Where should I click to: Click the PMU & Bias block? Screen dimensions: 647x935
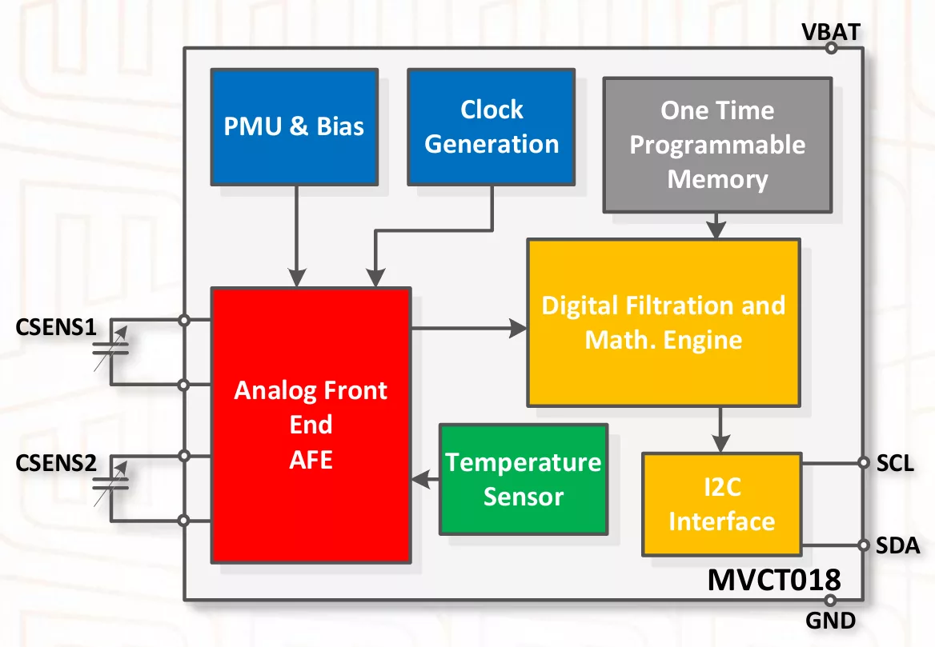click(x=294, y=126)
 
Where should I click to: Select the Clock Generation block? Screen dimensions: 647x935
click(x=491, y=126)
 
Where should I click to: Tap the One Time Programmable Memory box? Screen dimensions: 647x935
click(x=717, y=145)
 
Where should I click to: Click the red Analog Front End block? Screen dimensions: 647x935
click(x=311, y=424)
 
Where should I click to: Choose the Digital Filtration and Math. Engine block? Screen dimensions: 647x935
click(x=663, y=322)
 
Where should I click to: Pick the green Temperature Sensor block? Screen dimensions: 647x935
click(x=524, y=479)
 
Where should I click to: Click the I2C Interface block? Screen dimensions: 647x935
click(x=721, y=505)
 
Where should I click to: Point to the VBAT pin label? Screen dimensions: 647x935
click(x=832, y=32)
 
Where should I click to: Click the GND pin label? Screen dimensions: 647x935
click(x=832, y=621)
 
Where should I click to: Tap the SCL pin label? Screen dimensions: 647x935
click(x=895, y=463)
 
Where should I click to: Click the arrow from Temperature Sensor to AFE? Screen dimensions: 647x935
click(x=425, y=479)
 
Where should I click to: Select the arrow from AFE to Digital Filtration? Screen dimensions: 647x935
click(x=468, y=327)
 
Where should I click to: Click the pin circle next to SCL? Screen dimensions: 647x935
click(x=863, y=462)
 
